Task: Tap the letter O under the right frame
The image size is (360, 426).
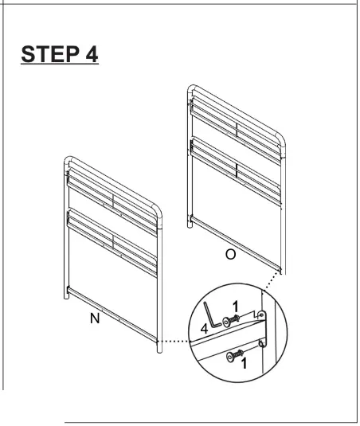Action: [x=229, y=256]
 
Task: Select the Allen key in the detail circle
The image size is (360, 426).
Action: [x=208, y=311]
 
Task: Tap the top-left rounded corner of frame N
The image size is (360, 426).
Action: [x=67, y=161]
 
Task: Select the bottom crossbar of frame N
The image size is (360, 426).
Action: [x=112, y=311]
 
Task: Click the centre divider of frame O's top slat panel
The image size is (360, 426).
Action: [x=236, y=127]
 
